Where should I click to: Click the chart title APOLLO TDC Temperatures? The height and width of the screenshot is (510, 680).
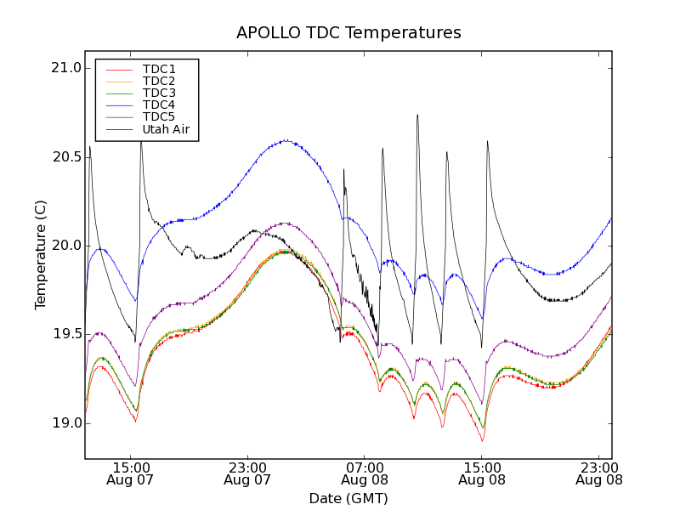tap(348, 33)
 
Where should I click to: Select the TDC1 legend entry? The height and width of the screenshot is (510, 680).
tap(159, 69)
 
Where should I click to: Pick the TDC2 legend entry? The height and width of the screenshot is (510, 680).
tap(159, 81)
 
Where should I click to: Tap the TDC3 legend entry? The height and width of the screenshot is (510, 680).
tap(159, 93)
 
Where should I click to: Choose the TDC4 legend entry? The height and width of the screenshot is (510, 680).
tap(159, 105)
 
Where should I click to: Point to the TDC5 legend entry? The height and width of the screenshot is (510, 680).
tap(159, 116)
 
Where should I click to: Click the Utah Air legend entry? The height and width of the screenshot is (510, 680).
tap(166, 129)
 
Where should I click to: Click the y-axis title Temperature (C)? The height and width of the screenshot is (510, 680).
tap(41, 255)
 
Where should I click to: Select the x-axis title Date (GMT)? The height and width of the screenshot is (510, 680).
tap(348, 498)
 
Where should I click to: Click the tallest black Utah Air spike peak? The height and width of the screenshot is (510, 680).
tap(417, 115)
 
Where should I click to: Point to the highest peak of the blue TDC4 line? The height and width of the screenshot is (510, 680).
tap(286, 140)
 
